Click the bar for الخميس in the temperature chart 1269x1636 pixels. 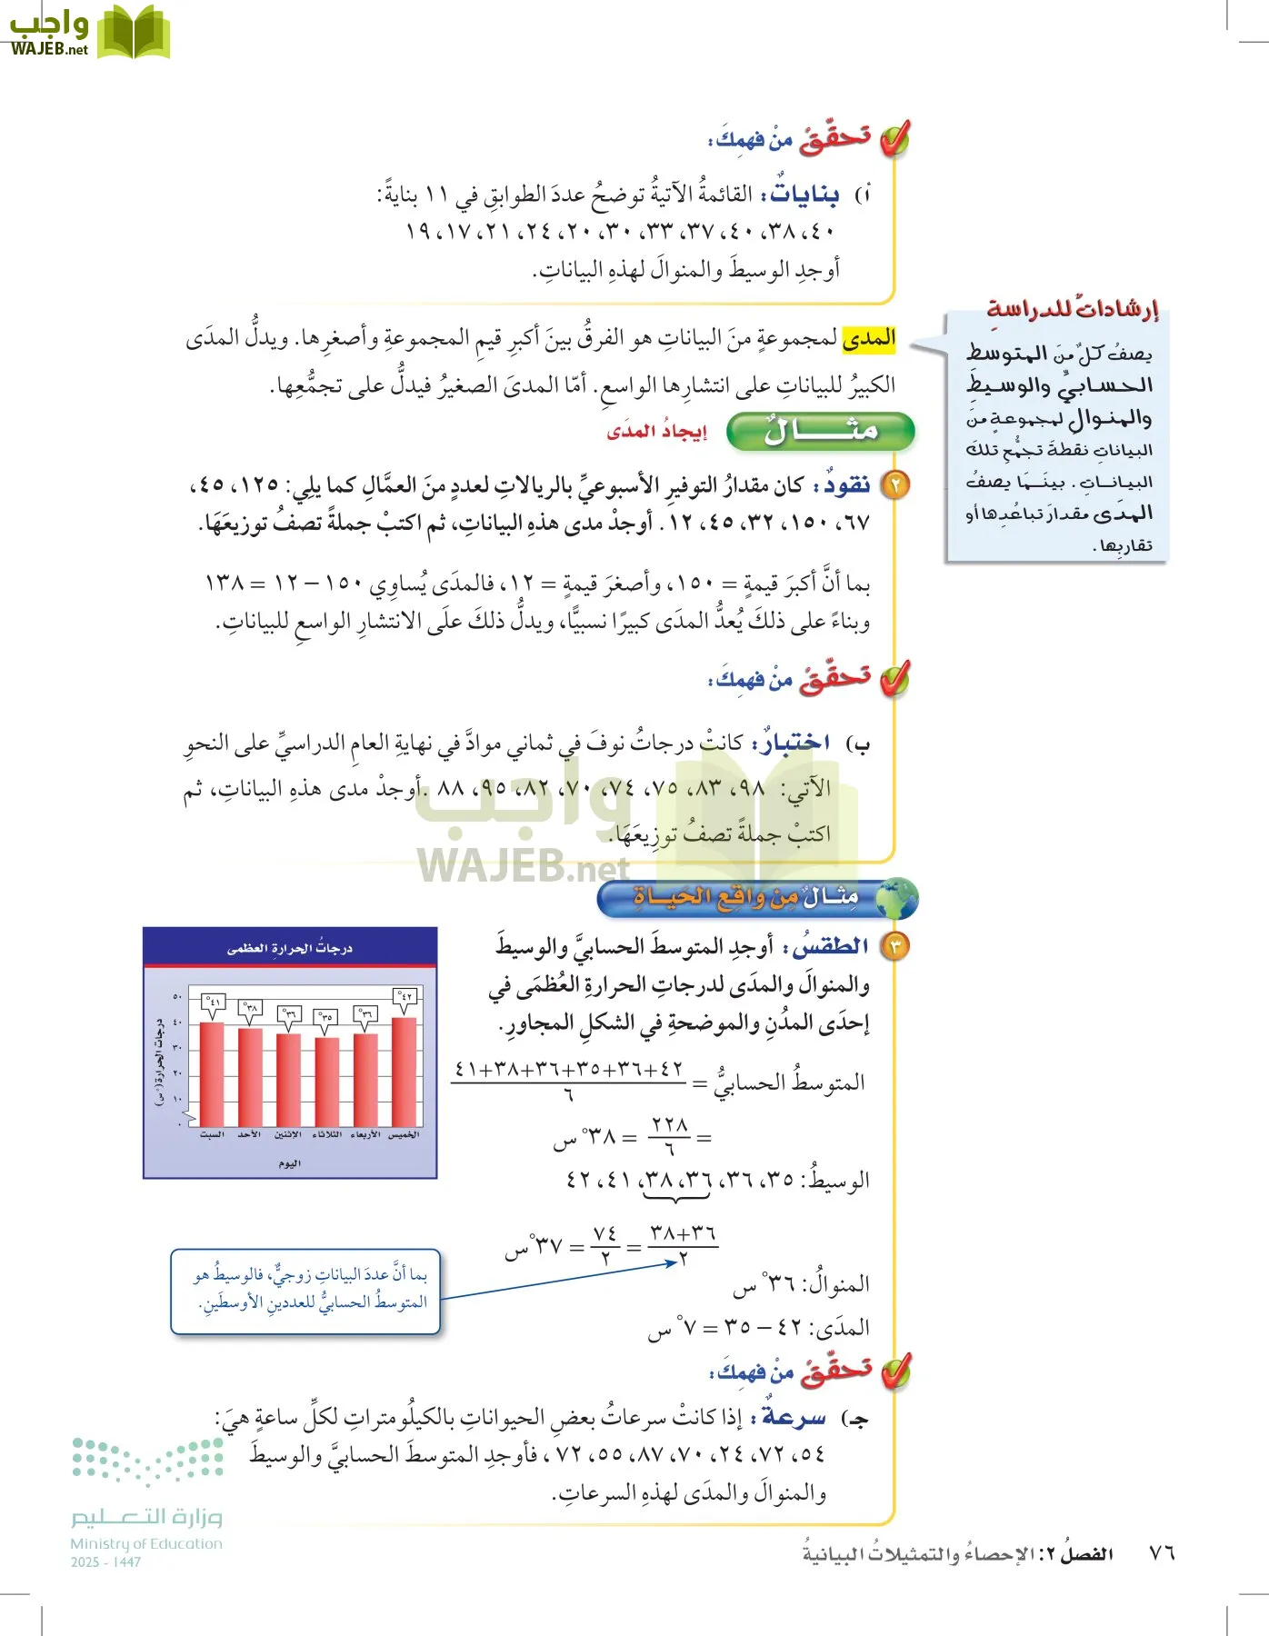pyautogui.click(x=405, y=1072)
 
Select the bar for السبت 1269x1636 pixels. pyautogui.click(x=212, y=1074)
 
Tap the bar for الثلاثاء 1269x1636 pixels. pyautogui.click(x=327, y=1082)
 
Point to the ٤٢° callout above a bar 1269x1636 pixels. pyautogui.click(x=405, y=997)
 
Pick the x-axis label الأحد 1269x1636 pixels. pyautogui.click(x=250, y=1135)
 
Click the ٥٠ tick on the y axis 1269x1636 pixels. pyautogui.click(x=178, y=997)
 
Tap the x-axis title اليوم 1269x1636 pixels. pyautogui.click(x=289, y=1163)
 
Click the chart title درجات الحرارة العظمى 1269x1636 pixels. pyautogui.click(x=289, y=948)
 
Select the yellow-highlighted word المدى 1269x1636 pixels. pyautogui.click(x=869, y=339)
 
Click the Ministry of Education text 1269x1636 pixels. pyautogui.click(x=145, y=1543)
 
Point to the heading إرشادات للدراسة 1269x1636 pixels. pyautogui.click(x=1073, y=309)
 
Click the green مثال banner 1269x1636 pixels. pyautogui.click(x=820, y=431)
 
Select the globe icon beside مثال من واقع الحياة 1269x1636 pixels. pyautogui.click(x=897, y=898)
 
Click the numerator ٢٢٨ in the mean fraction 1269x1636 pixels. pyautogui.click(x=670, y=1125)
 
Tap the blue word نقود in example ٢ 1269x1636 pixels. pyautogui.click(x=847, y=485)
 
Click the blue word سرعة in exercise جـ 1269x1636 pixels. pyautogui.click(x=794, y=1417)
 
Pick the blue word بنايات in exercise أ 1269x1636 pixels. pyautogui.click(x=805, y=195)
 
